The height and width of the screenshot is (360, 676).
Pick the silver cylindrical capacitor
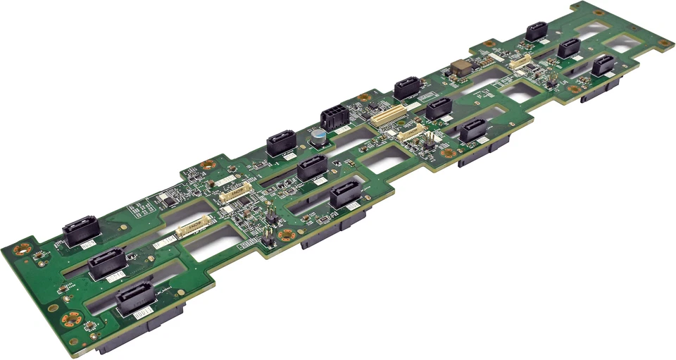click(320, 136)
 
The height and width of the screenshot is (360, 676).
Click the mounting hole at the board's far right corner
click(663, 43)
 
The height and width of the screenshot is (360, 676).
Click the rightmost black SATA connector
click(603, 65)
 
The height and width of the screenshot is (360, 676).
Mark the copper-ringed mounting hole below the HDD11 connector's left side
click(70, 320)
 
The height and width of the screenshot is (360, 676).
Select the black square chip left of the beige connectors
click(170, 201)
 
